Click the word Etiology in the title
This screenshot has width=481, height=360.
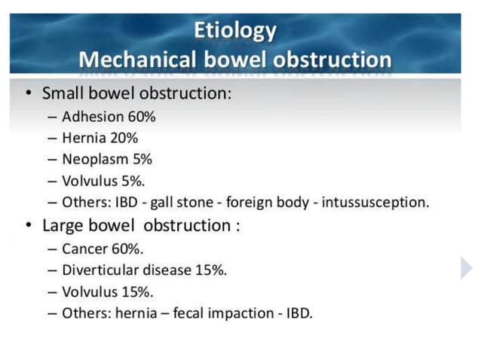point(235,31)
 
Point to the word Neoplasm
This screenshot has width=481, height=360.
point(93,159)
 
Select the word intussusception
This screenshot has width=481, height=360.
point(375,203)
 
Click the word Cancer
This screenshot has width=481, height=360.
point(84,249)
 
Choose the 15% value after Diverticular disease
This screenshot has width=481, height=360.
point(211,270)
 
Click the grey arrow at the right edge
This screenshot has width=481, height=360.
point(467,267)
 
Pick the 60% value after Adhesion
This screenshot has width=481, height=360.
point(140,117)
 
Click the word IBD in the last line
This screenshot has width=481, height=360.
point(299,312)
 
